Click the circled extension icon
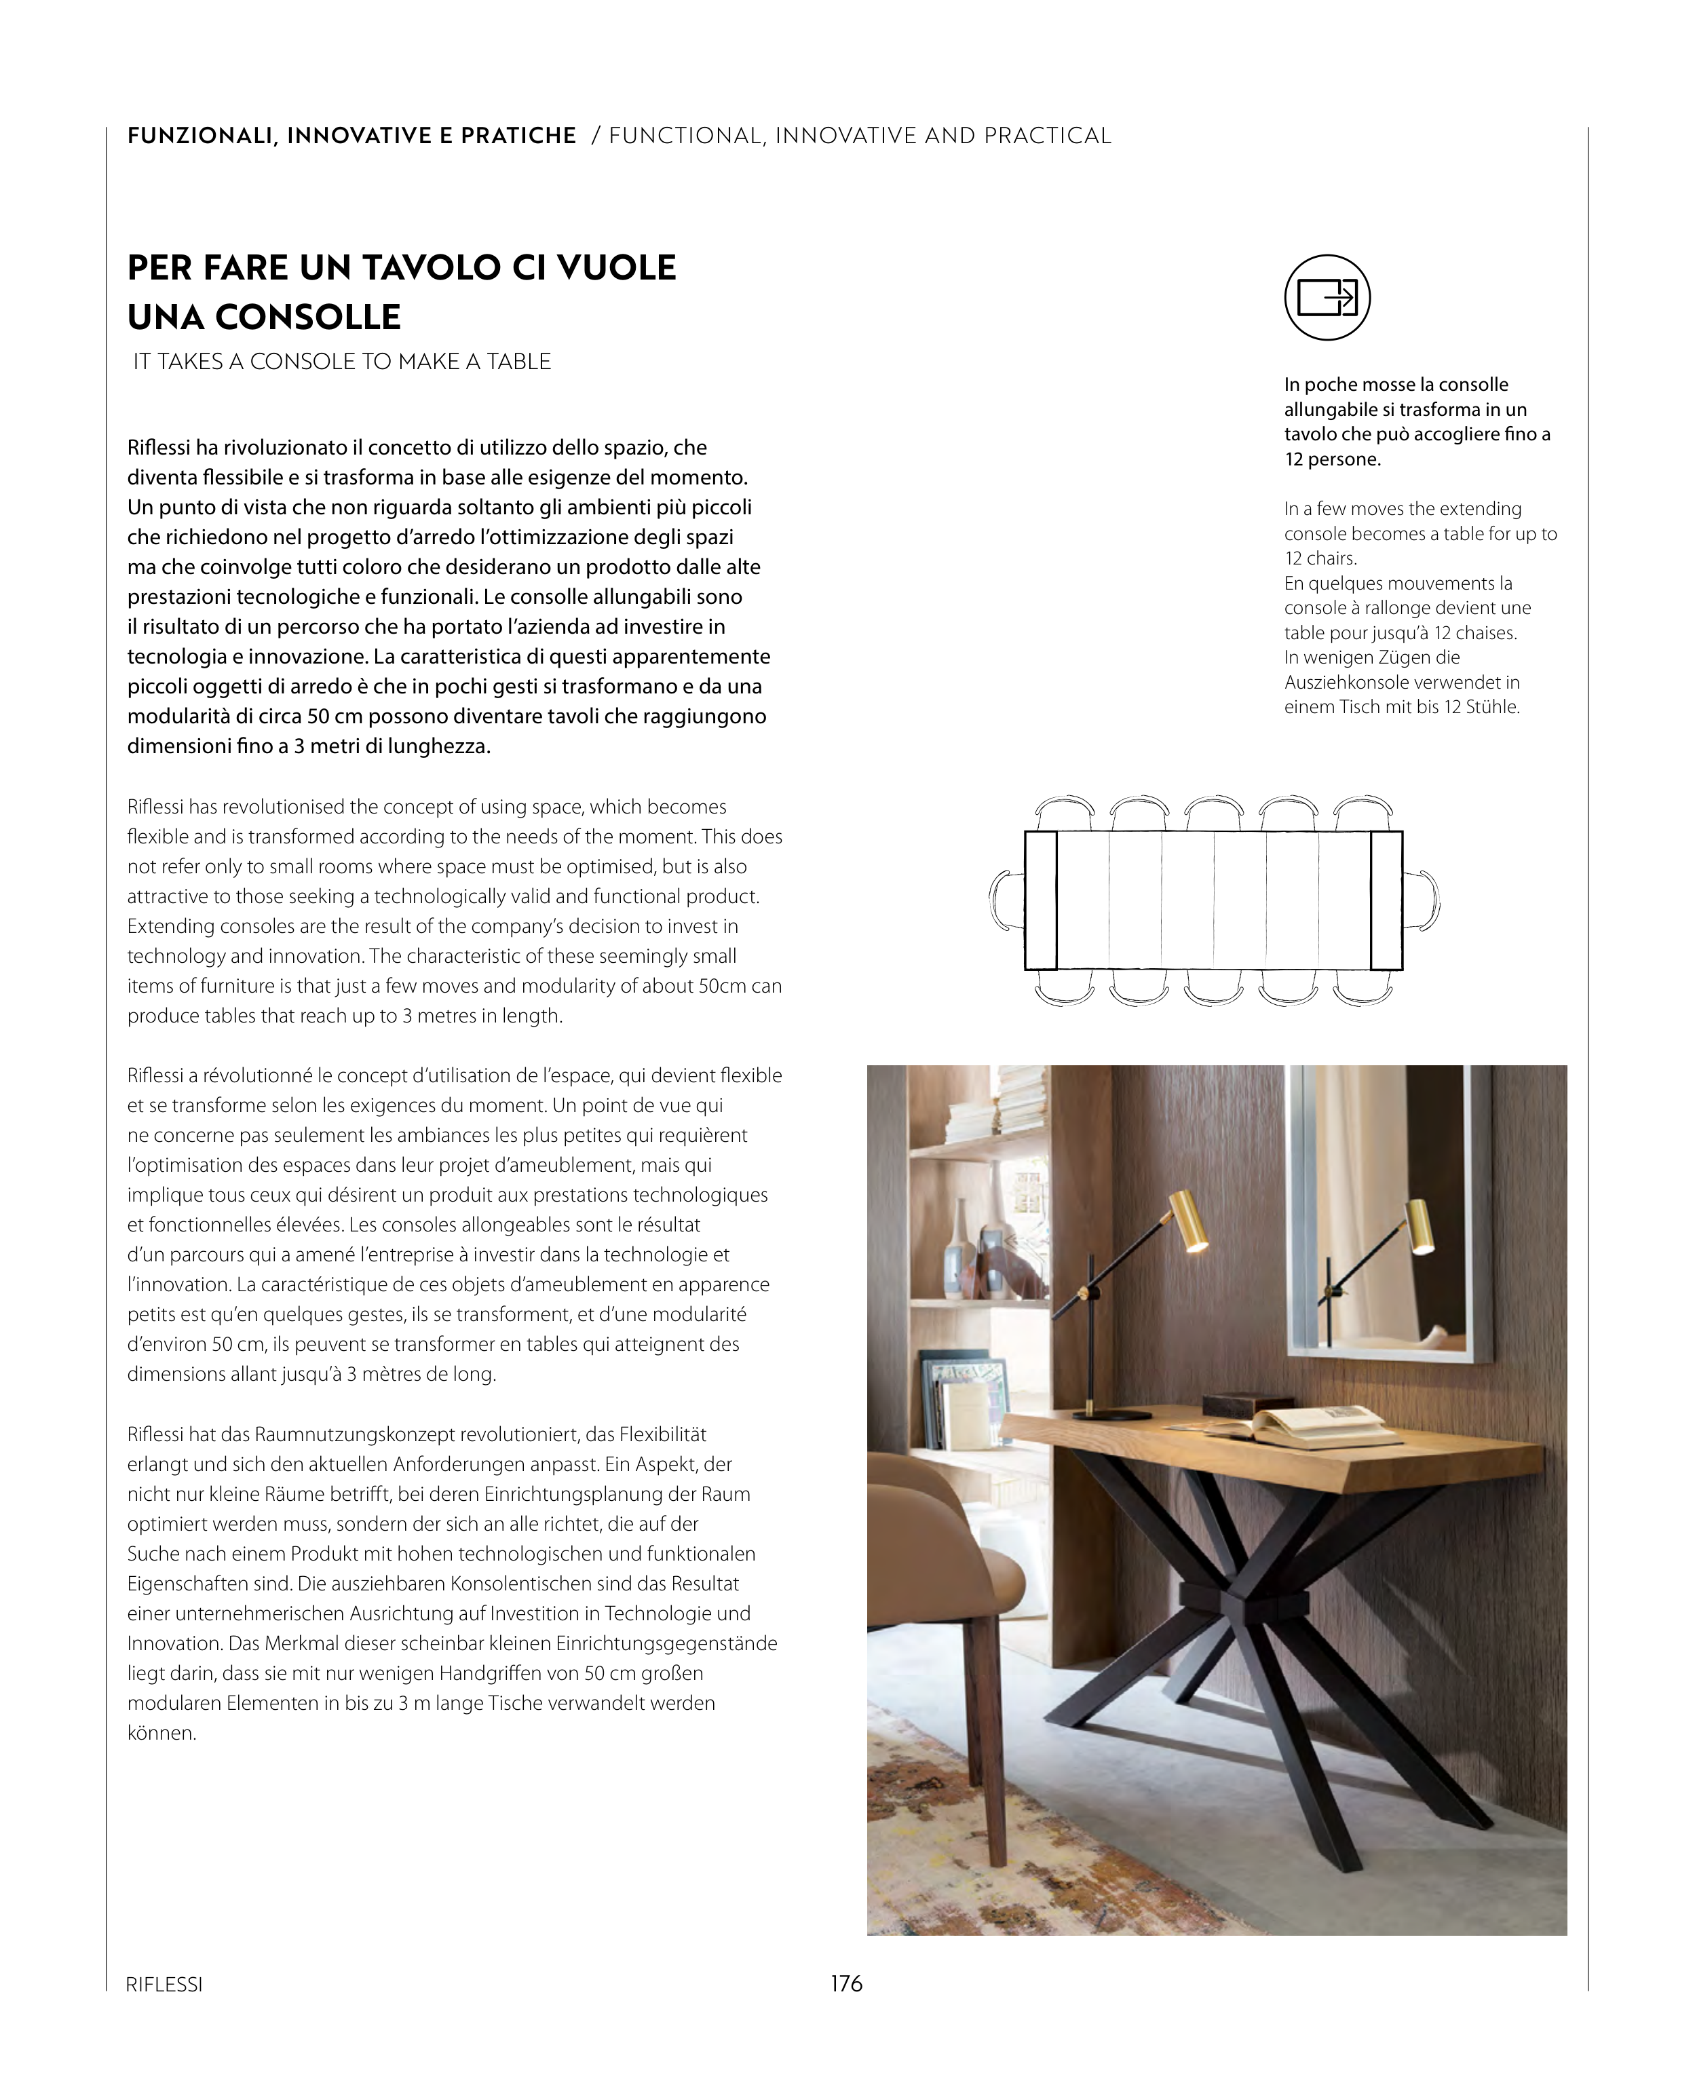click(1327, 298)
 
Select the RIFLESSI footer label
click(164, 1985)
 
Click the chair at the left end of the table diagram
click(1006, 899)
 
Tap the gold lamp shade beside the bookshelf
click(1189, 1220)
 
